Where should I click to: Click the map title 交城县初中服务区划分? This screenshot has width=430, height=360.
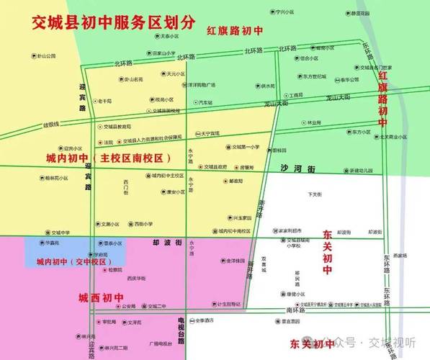[x=112, y=22]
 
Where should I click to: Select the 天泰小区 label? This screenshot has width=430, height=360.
[x=169, y=35]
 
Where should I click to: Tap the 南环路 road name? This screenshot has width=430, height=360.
[x=295, y=310]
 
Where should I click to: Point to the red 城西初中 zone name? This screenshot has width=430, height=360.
[x=102, y=297]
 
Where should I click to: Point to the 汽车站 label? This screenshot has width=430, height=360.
[x=205, y=102]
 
